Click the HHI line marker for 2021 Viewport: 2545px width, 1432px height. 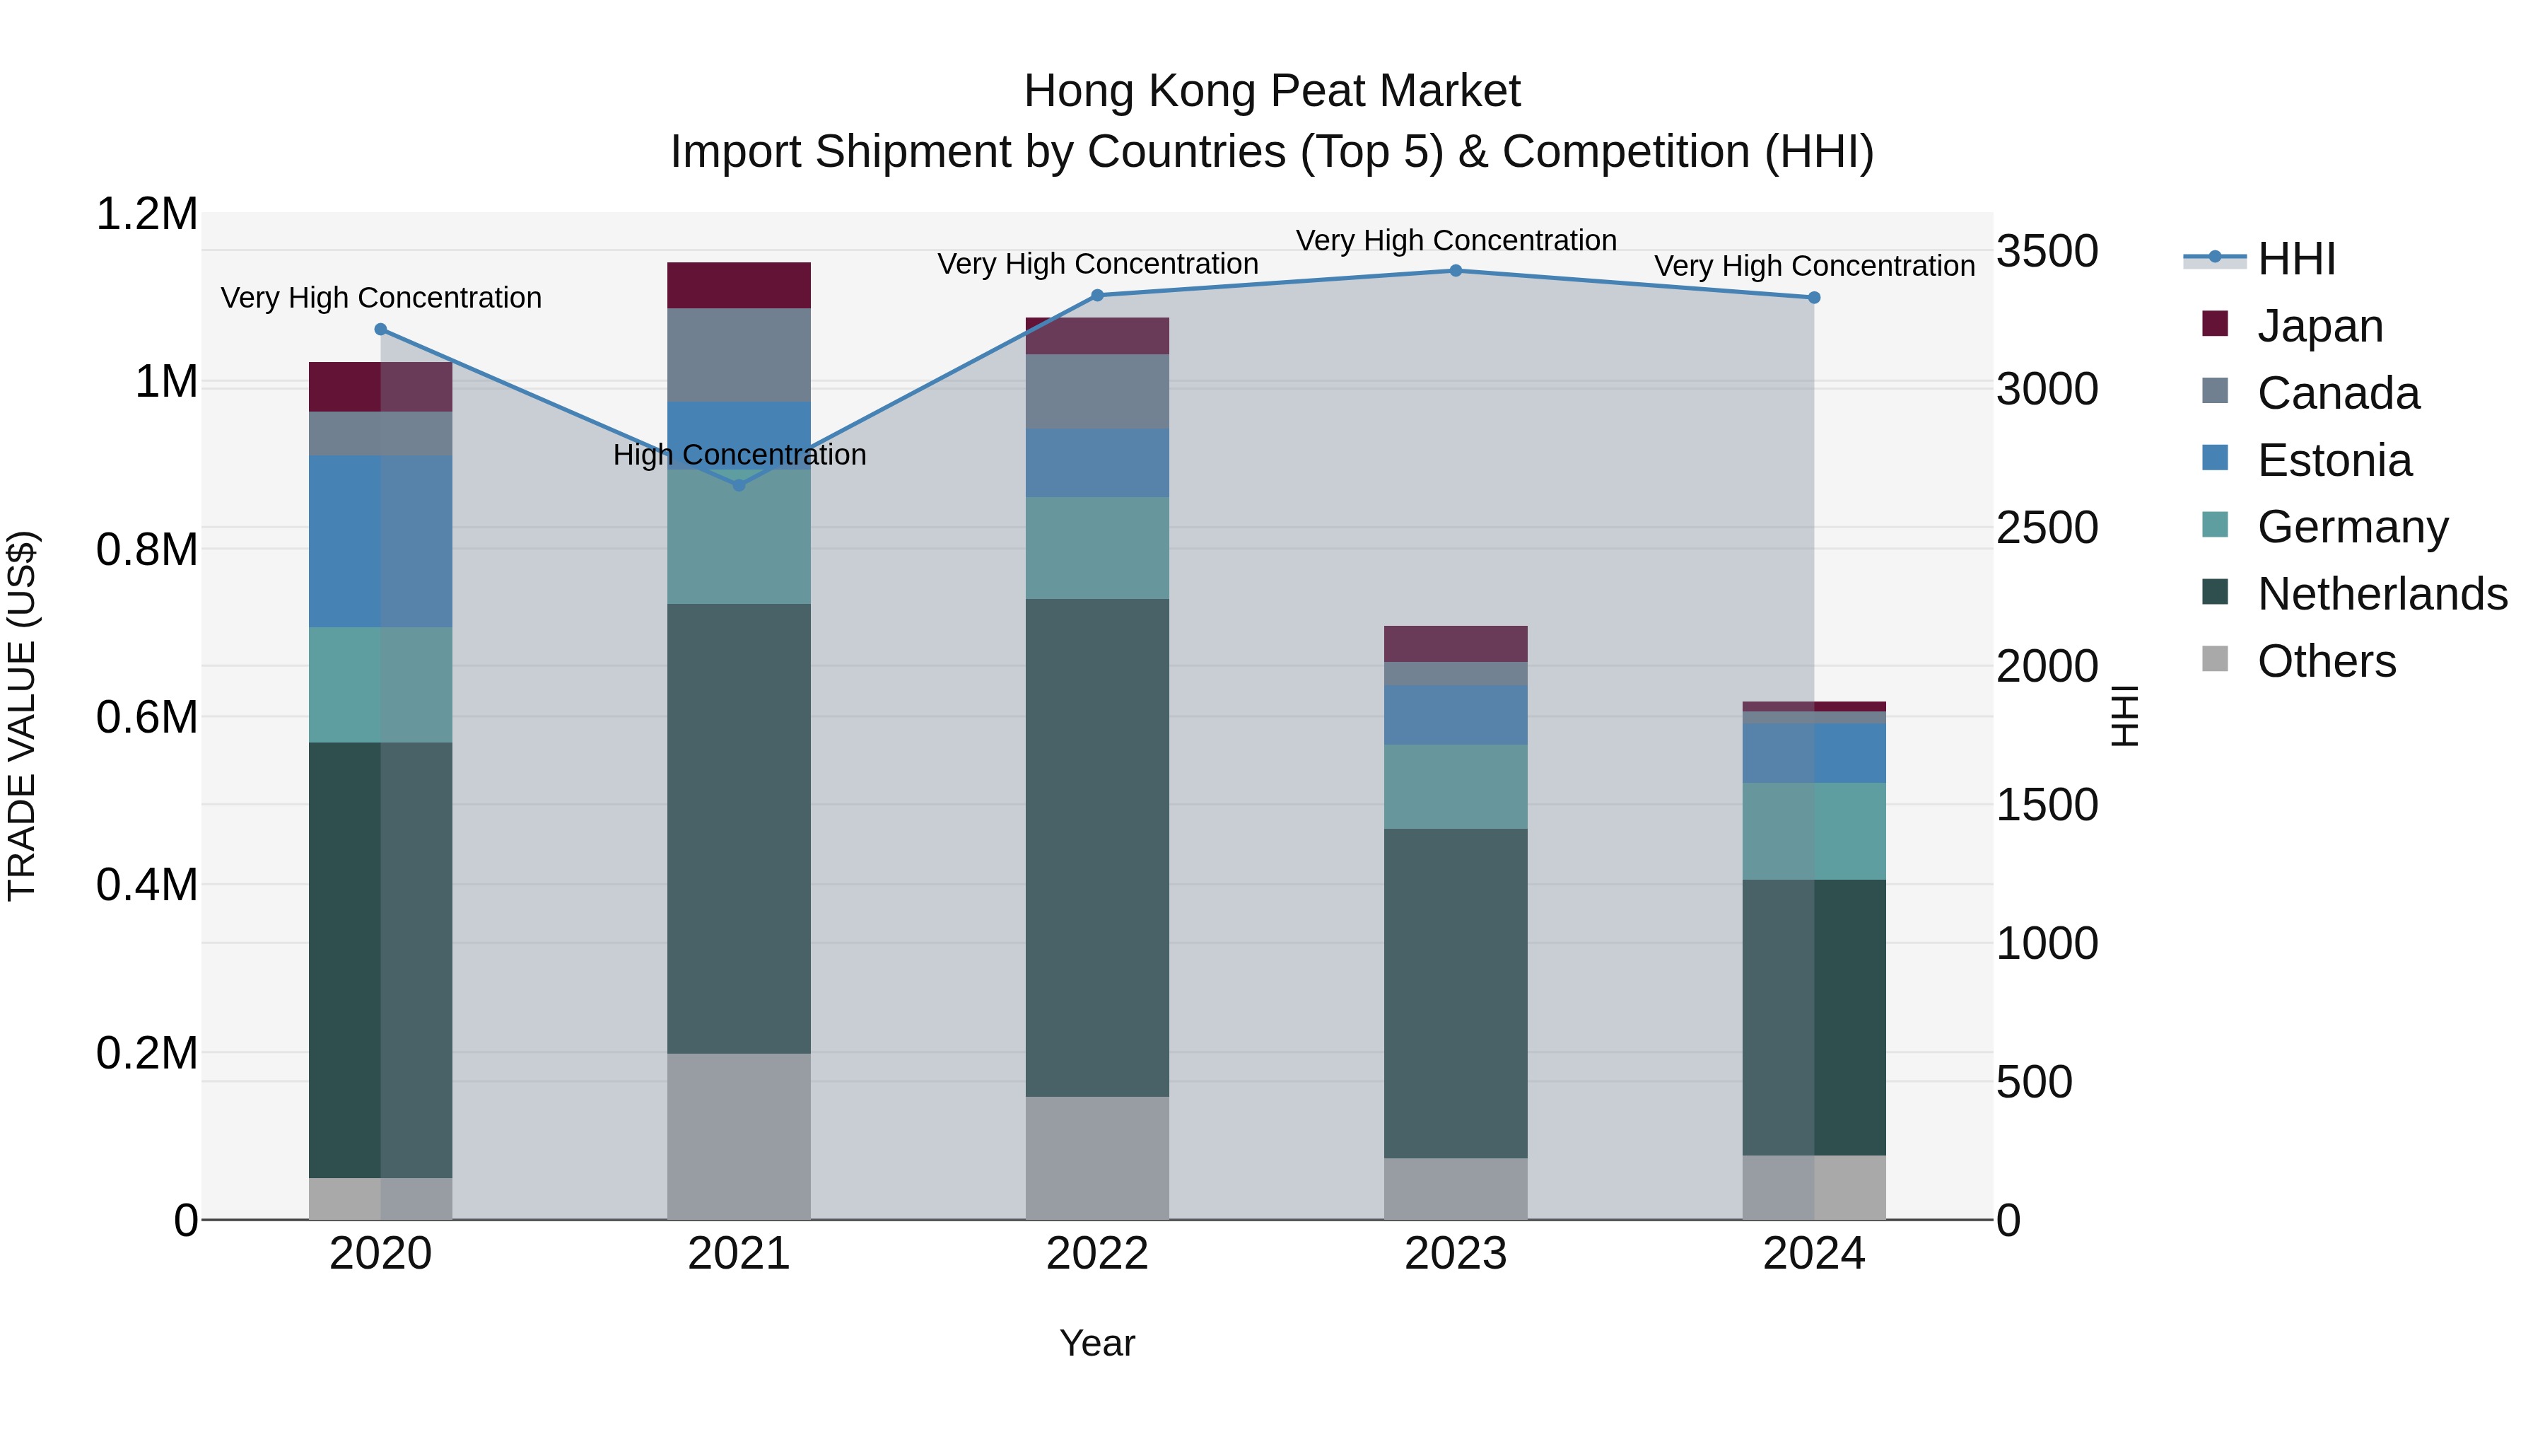click(x=738, y=484)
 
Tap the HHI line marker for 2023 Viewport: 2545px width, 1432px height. click(x=1456, y=270)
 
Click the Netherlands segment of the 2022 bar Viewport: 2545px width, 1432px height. click(x=1096, y=847)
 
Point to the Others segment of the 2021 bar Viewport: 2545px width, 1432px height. click(x=738, y=1136)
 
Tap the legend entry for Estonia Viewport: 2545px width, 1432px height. click(x=2334, y=460)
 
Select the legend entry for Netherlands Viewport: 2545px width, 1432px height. click(x=2381, y=594)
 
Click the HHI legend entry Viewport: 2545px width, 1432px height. click(x=2295, y=259)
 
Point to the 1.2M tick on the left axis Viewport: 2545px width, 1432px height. click(x=146, y=214)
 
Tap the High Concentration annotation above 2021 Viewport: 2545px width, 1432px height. click(x=739, y=455)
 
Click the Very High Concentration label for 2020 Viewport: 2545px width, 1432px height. click(x=380, y=298)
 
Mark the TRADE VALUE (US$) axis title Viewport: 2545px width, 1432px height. click(x=22, y=716)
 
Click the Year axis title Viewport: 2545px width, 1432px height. click(x=1096, y=1343)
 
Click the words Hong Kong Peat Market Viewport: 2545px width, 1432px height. click(x=1272, y=91)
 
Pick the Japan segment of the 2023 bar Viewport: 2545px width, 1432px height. click(x=1456, y=644)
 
